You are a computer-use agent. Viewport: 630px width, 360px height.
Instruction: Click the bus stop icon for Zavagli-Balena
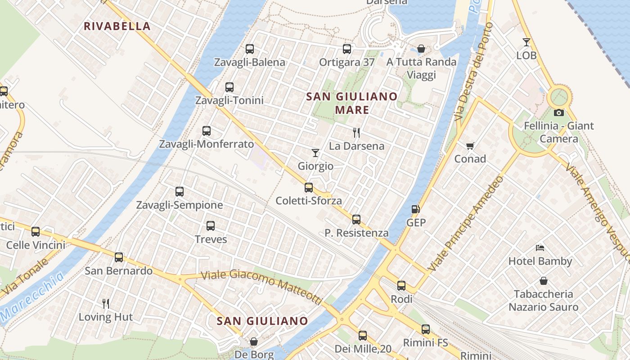pos(250,49)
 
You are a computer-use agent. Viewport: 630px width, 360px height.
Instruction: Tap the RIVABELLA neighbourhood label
pos(117,26)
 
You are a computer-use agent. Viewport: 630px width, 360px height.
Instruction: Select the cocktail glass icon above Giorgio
pos(315,153)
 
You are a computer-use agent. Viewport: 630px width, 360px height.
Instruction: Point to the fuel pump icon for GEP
pos(416,209)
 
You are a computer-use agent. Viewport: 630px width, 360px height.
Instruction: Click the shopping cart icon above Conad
pos(470,146)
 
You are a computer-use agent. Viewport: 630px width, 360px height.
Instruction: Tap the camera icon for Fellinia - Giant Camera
pos(559,112)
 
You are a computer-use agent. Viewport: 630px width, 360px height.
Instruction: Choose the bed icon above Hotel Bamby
pos(540,248)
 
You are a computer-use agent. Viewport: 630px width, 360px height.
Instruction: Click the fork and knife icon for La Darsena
pos(356,132)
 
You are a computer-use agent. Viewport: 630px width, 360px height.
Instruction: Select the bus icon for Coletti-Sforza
pos(309,188)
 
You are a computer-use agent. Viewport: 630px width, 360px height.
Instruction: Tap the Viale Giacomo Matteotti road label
pos(262,285)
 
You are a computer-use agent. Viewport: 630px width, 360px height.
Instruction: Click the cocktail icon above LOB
pos(526,42)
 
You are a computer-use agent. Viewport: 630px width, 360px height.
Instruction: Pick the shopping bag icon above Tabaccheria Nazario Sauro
pos(544,281)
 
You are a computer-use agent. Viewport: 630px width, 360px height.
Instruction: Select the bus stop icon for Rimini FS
pos(426,329)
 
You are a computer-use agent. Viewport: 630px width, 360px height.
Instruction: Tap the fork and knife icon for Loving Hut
pos(106,304)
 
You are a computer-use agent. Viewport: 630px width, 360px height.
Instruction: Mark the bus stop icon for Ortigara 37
pos(347,49)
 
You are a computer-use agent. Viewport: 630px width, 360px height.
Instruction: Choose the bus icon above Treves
pos(211,226)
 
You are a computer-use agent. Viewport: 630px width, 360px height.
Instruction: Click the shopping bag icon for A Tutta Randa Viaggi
pos(422,49)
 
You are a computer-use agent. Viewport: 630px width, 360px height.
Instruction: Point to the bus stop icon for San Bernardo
pos(119,257)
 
